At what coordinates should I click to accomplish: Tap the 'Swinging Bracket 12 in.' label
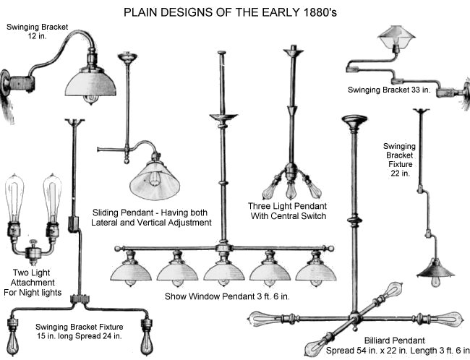click(x=37, y=32)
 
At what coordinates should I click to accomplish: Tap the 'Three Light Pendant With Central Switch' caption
click(x=289, y=210)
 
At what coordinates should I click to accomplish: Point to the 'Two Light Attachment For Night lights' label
click(x=35, y=283)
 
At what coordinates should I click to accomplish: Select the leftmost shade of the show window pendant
click(x=128, y=270)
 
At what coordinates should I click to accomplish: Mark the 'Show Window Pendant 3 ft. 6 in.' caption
click(x=226, y=296)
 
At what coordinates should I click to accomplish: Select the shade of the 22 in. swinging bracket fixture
click(x=435, y=270)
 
